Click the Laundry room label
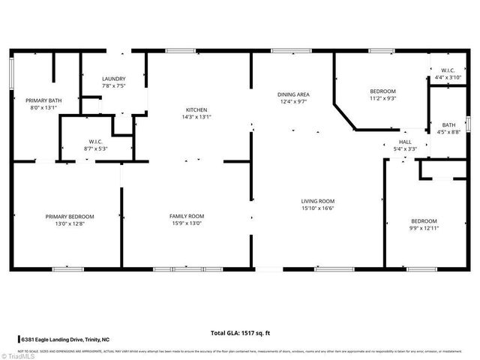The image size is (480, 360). pos(114,79)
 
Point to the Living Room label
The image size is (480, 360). pos(317,201)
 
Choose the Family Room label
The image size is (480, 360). pos(186,216)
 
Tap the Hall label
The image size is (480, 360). pos(405,142)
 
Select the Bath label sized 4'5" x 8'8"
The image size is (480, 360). pos(448,125)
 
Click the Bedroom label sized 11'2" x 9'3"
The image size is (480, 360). pos(382,91)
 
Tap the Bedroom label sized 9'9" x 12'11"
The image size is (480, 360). pos(424,220)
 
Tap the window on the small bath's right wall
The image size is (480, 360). pos(468,123)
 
